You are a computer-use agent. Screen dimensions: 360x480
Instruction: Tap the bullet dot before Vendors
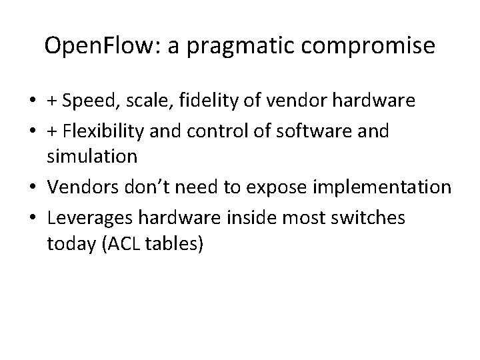click(x=33, y=188)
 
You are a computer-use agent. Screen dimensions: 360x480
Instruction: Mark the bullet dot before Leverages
click(x=33, y=217)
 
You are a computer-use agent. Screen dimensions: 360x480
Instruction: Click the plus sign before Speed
click(x=52, y=101)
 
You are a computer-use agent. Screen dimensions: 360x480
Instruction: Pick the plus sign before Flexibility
click(x=52, y=131)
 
